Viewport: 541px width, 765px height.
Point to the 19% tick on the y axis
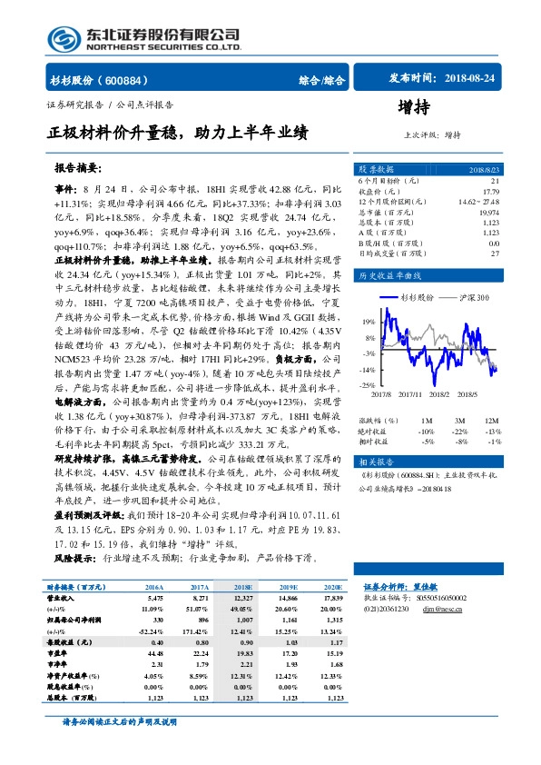click(x=369, y=321)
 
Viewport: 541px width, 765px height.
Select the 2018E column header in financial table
click(x=244, y=614)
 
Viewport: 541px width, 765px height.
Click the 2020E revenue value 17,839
click(x=331, y=626)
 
